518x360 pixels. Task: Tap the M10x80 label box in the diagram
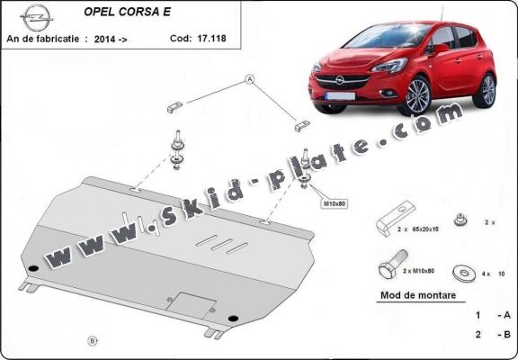[x=334, y=203]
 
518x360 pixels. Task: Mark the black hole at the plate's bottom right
[x=234, y=317]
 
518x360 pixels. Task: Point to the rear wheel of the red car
[x=487, y=90]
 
